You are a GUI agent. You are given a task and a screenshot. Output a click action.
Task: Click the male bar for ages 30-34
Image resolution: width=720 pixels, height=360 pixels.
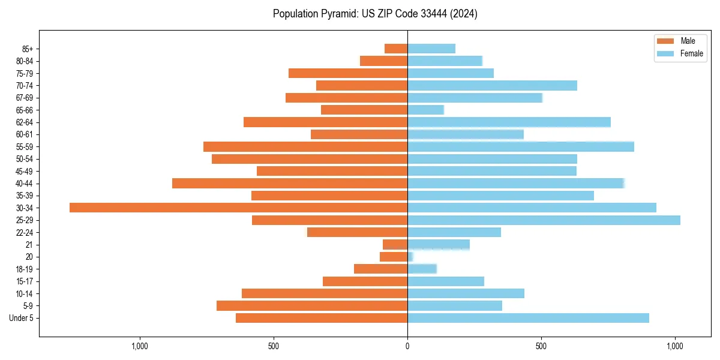(x=238, y=208)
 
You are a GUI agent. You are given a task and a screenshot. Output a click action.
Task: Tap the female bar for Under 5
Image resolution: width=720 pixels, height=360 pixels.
(x=528, y=318)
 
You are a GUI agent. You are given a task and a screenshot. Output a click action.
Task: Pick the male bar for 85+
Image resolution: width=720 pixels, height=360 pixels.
(x=396, y=49)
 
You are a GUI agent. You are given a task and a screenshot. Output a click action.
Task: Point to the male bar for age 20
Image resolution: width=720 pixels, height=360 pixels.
(x=394, y=257)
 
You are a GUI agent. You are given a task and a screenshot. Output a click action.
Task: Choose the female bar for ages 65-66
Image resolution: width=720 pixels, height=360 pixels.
(x=425, y=110)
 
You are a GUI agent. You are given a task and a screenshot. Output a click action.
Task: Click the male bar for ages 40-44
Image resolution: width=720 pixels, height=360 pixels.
(x=290, y=183)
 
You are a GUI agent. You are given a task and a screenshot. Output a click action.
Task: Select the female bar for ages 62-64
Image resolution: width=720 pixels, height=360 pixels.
(x=509, y=122)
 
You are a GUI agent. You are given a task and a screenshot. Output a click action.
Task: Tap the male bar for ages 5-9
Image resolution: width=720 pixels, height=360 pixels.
(x=312, y=306)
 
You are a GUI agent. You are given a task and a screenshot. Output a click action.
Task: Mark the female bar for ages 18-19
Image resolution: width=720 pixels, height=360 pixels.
(x=422, y=269)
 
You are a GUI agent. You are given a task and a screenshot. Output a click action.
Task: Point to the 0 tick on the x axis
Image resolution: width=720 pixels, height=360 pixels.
(x=407, y=346)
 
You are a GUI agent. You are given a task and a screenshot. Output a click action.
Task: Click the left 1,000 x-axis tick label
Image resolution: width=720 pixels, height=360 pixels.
(x=139, y=346)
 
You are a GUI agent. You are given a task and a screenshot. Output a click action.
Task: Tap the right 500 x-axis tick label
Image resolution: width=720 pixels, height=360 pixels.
(x=541, y=346)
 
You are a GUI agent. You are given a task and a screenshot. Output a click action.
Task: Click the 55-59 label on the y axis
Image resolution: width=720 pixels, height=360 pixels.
(x=25, y=147)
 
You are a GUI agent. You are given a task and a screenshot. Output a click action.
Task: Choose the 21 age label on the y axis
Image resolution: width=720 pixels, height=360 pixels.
(x=29, y=245)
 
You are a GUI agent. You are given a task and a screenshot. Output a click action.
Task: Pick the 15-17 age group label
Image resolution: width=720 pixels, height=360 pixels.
(x=25, y=281)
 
